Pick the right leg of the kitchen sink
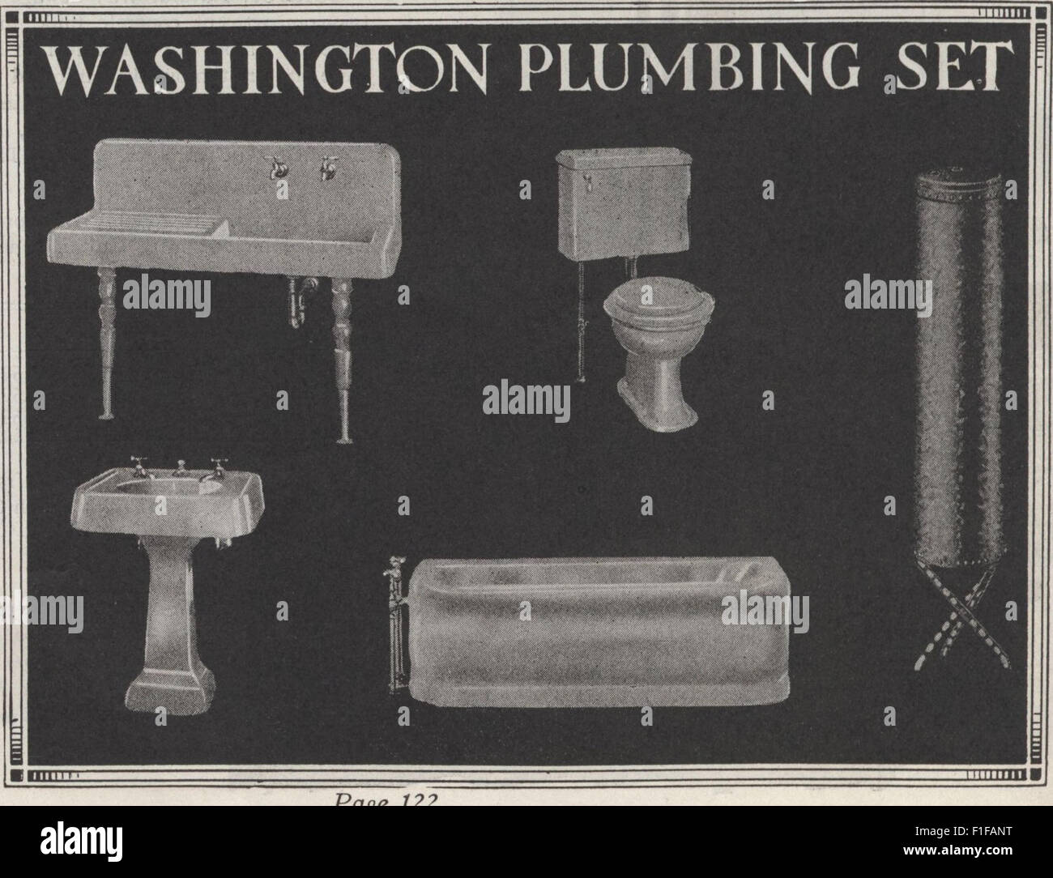coord(343,356)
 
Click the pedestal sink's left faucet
coord(137,468)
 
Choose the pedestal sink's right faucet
coord(216,468)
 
